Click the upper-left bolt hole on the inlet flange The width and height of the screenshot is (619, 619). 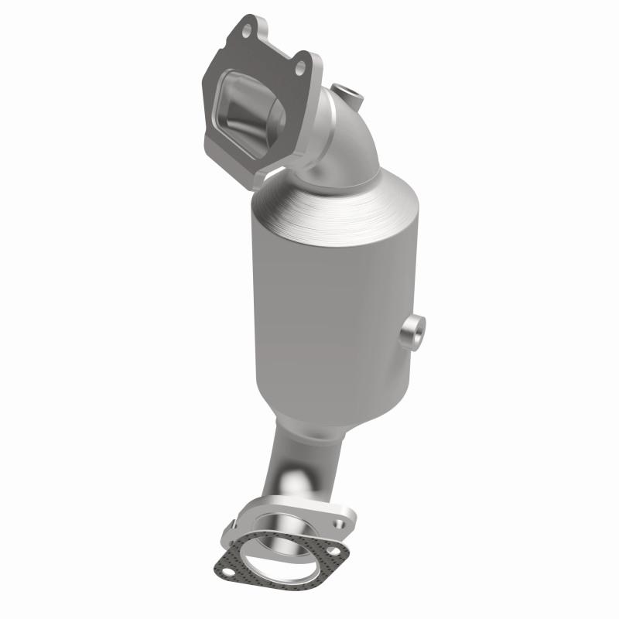coord(246,32)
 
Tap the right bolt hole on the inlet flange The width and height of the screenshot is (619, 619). coord(299,68)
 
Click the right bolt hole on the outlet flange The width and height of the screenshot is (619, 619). coord(338,525)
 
